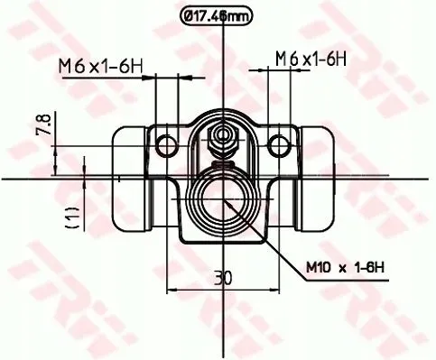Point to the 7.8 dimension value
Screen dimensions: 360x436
tap(43, 124)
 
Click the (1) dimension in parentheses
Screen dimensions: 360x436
tap(71, 215)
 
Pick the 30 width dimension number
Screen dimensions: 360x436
tap(218, 278)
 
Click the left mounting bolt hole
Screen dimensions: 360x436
tap(164, 145)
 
